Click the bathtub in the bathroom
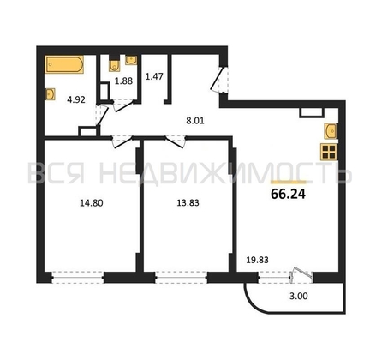(64, 64)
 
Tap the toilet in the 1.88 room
(114, 66)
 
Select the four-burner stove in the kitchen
(328, 152)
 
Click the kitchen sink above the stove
(331, 131)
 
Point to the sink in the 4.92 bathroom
(51, 94)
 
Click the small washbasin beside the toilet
(131, 60)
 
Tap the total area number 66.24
(288, 195)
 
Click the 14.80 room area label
(92, 203)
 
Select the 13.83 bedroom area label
(188, 203)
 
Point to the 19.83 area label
(258, 260)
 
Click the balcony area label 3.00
(299, 297)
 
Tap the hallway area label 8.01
(195, 121)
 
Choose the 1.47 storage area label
(154, 76)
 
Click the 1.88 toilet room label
(123, 81)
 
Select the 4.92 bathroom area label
(76, 99)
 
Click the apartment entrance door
(219, 79)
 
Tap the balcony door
(301, 275)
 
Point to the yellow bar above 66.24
(288, 182)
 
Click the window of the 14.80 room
(78, 277)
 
